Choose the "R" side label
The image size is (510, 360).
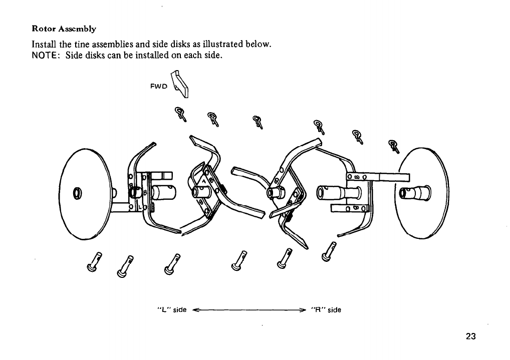pos(326,309)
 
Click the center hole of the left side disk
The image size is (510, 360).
pos(77,192)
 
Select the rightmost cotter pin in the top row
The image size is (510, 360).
pos(395,146)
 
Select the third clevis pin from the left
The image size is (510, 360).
pos(172,263)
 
